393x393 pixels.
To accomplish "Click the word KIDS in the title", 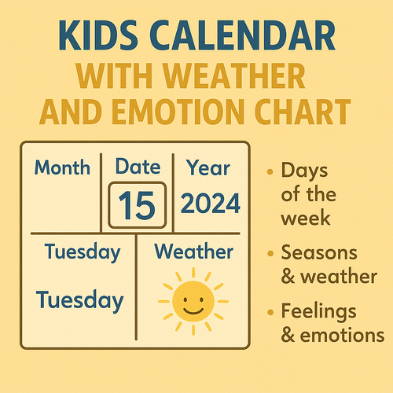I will point(97,39).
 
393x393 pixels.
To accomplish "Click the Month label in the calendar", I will point(63,167).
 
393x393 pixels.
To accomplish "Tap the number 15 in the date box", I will point(137,205).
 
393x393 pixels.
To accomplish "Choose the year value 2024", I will point(210,204).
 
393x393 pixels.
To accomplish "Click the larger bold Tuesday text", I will point(79,299).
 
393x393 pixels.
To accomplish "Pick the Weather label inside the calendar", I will point(193,252).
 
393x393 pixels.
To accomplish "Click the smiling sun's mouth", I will point(193,308).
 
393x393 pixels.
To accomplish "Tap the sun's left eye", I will point(185,299).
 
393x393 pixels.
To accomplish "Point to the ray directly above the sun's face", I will point(193,272).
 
